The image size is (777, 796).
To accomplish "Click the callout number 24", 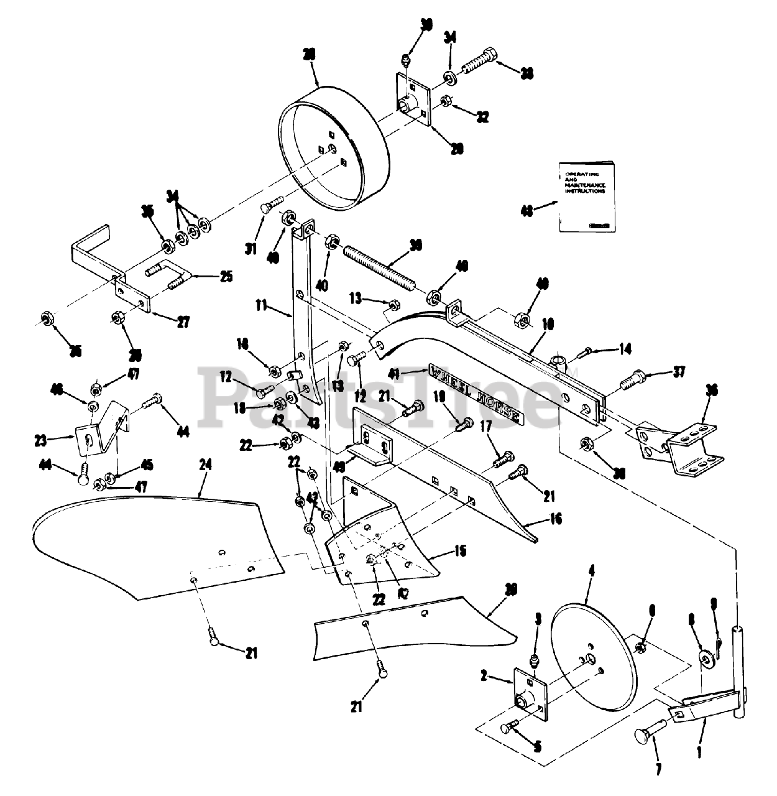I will pos(206,465).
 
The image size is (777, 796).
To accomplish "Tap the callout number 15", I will pos(461,551).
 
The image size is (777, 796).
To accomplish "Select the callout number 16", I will pos(556,519).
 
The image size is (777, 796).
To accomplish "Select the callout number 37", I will pos(679,372).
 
